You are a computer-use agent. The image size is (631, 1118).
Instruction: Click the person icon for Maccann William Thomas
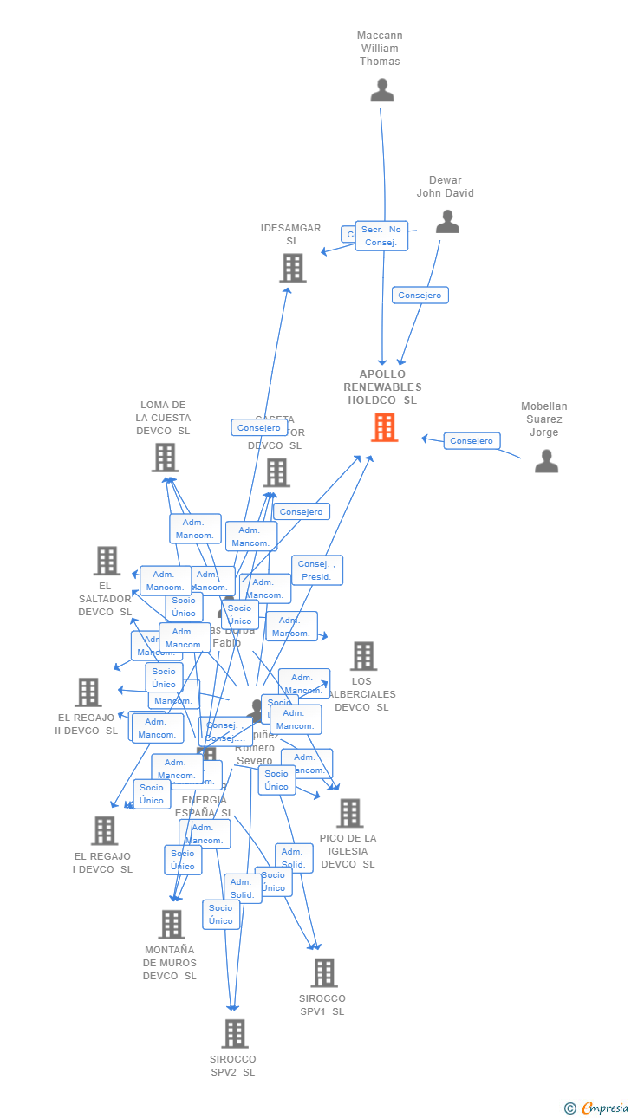point(382,90)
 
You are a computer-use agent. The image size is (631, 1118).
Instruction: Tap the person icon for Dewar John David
point(447,222)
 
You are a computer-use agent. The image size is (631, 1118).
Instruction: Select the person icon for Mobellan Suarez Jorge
point(546,461)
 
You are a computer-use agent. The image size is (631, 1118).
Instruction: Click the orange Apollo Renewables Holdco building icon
point(384,427)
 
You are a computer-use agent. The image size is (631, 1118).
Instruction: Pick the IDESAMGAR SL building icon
point(293,268)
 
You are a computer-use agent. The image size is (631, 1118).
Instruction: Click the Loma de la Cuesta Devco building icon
point(165,458)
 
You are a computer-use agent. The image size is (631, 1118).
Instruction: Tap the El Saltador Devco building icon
point(107,561)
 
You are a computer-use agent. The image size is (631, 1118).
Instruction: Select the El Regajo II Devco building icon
point(88,692)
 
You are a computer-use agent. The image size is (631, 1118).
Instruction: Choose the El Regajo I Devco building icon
point(104,830)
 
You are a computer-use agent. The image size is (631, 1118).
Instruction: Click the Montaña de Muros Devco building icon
point(172,925)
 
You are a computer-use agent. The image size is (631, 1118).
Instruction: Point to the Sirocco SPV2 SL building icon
point(234,1033)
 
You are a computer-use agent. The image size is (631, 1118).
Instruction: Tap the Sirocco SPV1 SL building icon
point(323,972)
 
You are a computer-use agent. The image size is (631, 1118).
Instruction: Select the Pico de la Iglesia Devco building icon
point(349,813)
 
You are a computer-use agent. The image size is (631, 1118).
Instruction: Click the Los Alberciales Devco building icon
point(363,656)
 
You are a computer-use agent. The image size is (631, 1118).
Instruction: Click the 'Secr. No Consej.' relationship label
point(381,236)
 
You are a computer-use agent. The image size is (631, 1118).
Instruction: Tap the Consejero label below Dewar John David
point(420,296)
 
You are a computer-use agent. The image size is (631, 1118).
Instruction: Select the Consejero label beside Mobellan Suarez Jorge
point(472,441)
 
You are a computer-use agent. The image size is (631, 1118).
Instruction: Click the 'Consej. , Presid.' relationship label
point(316,570)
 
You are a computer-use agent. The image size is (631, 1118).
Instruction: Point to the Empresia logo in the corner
point(598,1108)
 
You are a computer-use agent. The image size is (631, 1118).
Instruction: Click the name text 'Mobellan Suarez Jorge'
point(544,419)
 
